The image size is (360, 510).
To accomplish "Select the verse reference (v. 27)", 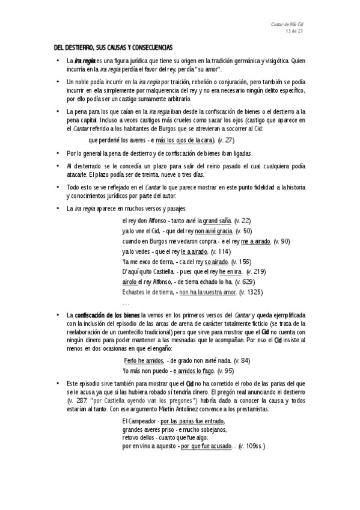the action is pyautogui.click(x=226, y=140).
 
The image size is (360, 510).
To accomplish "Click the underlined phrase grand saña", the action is pyautogui.click(x=218, y=221).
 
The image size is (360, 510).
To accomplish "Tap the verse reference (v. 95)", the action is pyautogui.click(x=225, y=370).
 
